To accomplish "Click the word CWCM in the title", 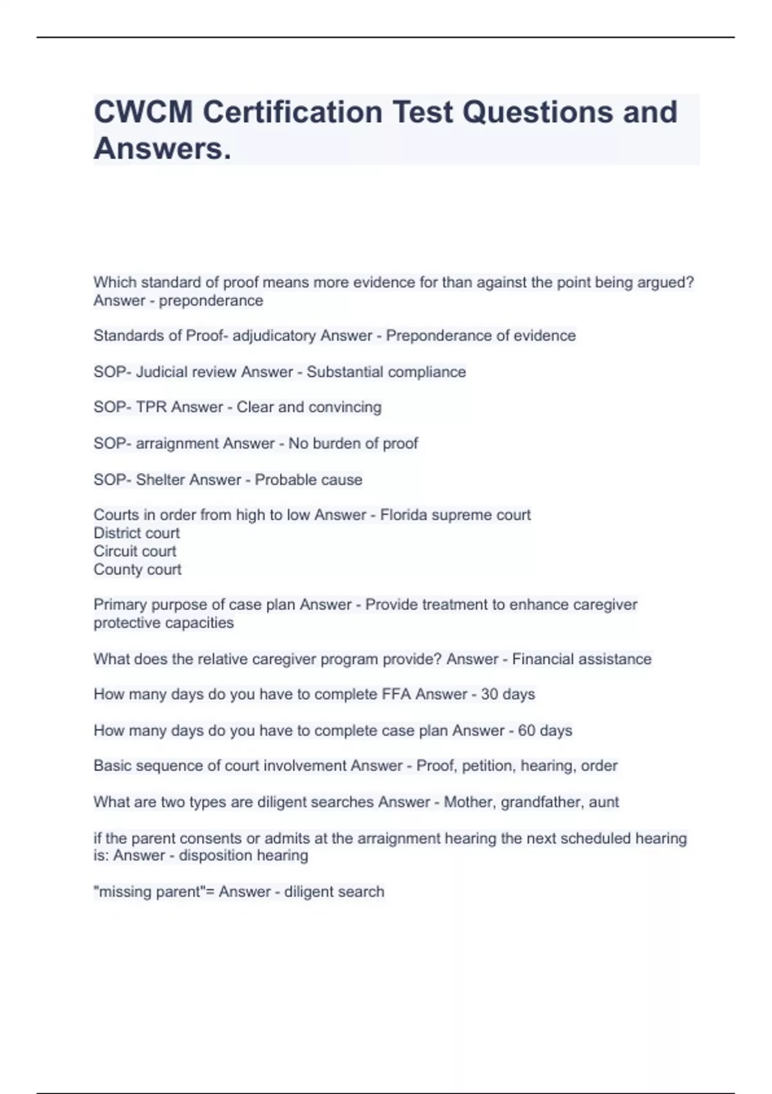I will (x=143, y=112).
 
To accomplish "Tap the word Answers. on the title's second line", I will (x=162, y=149).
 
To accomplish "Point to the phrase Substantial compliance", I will (x=386, y=372).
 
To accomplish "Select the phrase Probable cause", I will (x=308, y=479).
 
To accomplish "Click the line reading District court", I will (x=136, y=533).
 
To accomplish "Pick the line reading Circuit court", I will (x=134, y=551).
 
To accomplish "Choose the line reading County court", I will (x=137, y=569).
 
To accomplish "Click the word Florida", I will (x=404, y=515).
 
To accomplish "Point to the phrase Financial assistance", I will (x=582, y=659).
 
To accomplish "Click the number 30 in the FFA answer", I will (x=490, y=694).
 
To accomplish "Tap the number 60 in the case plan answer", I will (x=526, y=730).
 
